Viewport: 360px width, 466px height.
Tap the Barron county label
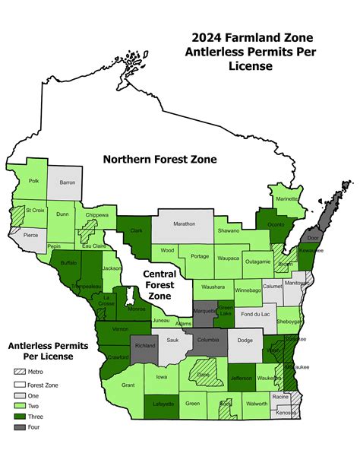67,182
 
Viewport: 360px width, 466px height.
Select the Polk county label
33,182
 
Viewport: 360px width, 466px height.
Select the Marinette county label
287,199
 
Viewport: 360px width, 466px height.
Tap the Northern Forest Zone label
160,160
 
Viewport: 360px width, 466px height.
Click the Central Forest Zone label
159,284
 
